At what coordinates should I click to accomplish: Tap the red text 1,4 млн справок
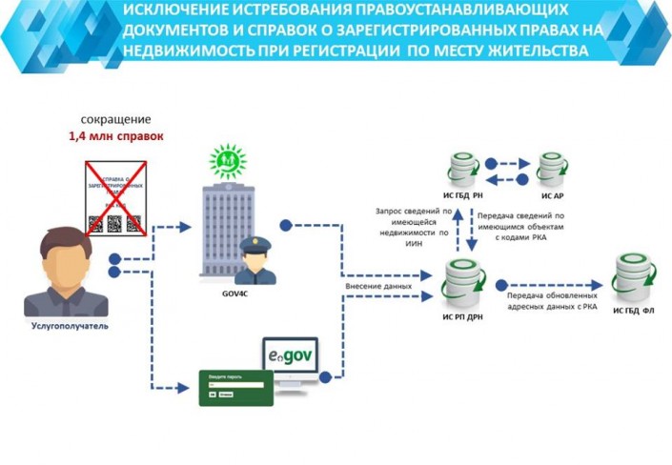116,137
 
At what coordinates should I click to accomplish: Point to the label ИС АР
553,195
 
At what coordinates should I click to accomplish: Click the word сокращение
116,121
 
